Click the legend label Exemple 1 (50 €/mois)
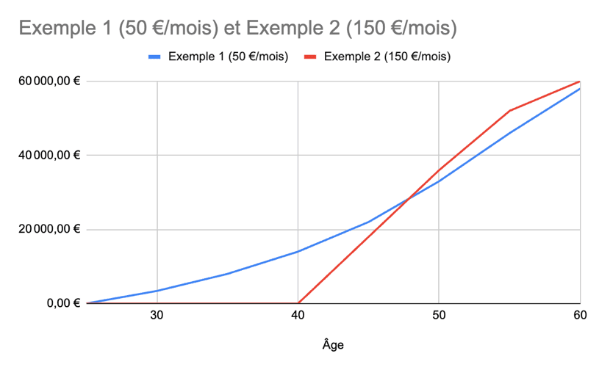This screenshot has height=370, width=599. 228,57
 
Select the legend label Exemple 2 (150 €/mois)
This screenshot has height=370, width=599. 387,57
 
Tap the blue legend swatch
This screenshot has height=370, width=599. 155,57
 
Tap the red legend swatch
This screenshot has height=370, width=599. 311,57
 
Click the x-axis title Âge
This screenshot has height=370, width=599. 332,344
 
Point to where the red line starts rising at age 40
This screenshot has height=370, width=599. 298,302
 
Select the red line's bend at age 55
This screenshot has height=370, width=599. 509,111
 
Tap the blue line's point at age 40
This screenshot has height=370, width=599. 298,252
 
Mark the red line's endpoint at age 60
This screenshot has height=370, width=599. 579,81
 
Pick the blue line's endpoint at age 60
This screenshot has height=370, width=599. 579,89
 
